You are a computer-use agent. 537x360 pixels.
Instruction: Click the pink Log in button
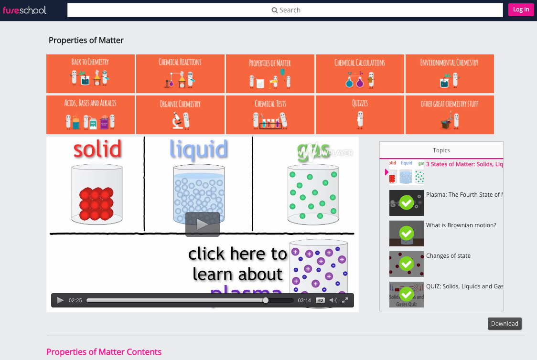coord(521,10)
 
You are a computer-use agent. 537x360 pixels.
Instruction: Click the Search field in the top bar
coord(285,10)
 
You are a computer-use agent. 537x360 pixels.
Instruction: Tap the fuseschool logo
coord(25,10)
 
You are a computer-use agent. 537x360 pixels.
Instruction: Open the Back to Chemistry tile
coord(90,74)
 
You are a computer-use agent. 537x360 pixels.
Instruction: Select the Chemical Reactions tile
coord(180,74)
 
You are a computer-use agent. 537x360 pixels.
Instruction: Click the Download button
coord(505,324)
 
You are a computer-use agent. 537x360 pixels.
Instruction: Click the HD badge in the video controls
coord(320,300)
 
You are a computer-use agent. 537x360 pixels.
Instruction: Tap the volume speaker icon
coord(333,300)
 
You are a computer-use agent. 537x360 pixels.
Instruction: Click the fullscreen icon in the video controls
coord(344,300)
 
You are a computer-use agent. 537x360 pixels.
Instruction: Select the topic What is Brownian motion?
coord(461,225)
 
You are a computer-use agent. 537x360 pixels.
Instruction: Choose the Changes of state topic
coord(448,256)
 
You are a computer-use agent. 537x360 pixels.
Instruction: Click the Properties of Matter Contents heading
coord(104,352)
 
